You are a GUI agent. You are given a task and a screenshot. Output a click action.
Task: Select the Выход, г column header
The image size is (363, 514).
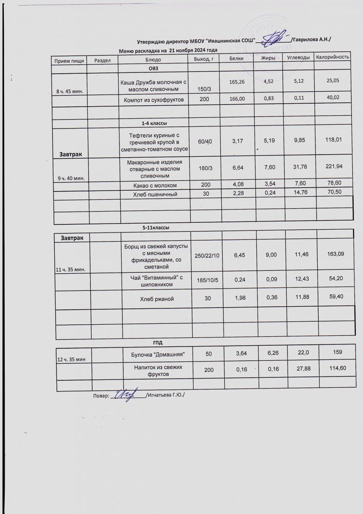tap(203, 59)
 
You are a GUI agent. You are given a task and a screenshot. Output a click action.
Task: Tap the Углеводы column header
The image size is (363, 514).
tap(298, 57)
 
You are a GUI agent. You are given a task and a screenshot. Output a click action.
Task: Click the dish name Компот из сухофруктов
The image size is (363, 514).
tap(153, 100)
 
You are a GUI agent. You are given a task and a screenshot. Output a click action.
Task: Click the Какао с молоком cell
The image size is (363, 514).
tap(153, 185)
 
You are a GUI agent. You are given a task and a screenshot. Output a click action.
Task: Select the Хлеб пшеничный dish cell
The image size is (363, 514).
tap(153, 194)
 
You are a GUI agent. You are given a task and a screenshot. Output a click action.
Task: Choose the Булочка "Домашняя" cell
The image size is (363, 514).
tap(157, 355)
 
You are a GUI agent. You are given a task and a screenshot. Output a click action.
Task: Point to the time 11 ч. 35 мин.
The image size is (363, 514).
tap(71, 269)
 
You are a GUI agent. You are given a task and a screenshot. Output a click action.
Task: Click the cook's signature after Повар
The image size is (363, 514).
tap(128, 393)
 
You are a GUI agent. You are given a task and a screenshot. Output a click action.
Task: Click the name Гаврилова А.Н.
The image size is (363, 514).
tap(311, 39)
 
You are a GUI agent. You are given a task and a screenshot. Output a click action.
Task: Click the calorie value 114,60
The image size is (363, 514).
tap(337, 368)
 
